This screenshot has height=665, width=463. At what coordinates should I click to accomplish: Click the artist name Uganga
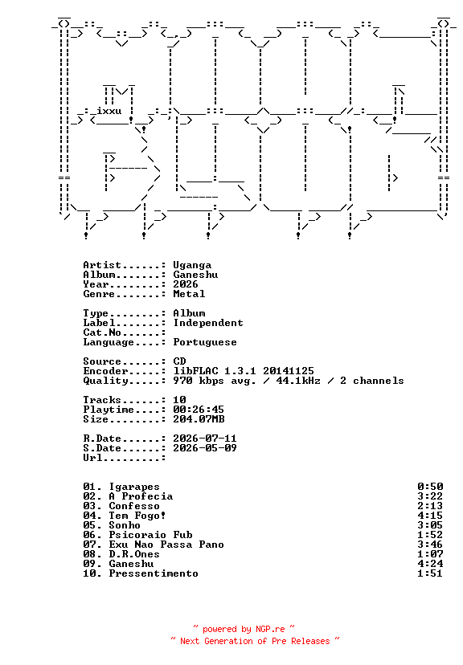[x=192, y=266]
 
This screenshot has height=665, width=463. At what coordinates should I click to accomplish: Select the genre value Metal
[x=189, y=293]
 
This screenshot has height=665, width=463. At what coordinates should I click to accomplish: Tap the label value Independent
[x=208, y=323]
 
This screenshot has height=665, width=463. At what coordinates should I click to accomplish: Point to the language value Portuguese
[x=205, y=342]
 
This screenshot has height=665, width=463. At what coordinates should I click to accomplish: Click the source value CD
[x=179, y=361]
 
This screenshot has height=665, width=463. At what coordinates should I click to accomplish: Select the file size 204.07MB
[x=199, y=419]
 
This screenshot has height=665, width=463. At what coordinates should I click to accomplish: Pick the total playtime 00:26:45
[x=199, y=410]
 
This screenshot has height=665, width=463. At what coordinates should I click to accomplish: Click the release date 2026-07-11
[x=205, y=439]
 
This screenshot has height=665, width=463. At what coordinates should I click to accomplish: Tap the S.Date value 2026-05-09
[x=205, y=448]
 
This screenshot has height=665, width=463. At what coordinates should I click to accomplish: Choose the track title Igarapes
[x=134, y=487]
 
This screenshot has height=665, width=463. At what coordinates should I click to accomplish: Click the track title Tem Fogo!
[x=137, y=516]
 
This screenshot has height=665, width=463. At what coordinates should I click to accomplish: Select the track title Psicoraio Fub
[x=150, y=535]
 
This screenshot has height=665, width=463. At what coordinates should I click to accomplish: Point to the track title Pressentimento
[x=154, y=573]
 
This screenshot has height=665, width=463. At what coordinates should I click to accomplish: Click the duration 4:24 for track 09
[x=430, y=564]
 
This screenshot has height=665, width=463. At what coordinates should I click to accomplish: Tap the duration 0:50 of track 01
[x=430, y=487]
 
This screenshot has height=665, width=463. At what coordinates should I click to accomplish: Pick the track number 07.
[x=89, y=545]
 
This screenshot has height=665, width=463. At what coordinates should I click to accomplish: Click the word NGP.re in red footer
[x=270, y=629]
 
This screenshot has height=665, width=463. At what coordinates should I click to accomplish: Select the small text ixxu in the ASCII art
[x=109, y=111]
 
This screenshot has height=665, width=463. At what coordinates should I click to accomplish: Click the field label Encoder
[x=105, y=371]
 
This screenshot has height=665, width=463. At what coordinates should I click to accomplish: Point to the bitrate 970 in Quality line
[x=182, y=381]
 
